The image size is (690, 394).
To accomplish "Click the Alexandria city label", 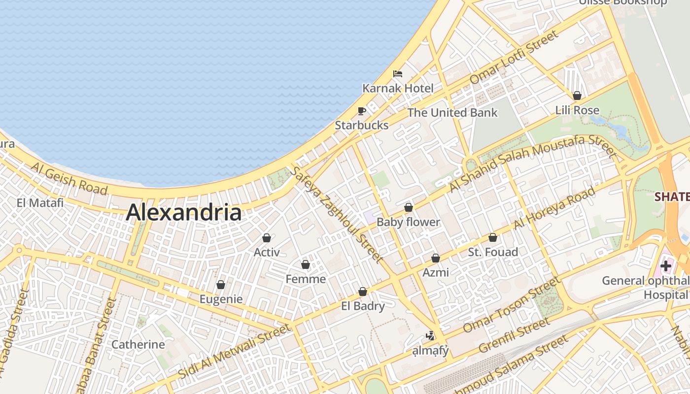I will (184, 213).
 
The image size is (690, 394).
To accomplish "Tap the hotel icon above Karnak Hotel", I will (398, 74).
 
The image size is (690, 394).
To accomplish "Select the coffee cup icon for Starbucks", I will (362, 111).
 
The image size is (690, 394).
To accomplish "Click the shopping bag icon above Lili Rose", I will (577, 96).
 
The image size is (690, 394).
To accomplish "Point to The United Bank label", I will (452, 113).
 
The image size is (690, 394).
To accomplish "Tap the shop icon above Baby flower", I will (408, 208).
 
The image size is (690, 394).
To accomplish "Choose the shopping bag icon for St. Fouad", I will (492, 238).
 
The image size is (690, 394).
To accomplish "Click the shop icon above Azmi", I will (436, 258).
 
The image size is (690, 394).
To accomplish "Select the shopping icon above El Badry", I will (363, 292).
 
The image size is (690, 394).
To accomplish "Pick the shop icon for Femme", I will (306, 265).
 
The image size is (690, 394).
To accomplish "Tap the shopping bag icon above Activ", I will (267, 238).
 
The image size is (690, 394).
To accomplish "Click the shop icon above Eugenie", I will (221, 285).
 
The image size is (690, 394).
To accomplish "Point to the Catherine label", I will (138, 344).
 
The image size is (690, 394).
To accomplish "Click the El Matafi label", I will (40, 203).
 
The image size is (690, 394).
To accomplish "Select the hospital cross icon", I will (666, 266).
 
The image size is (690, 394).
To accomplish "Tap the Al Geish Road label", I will (69, 178).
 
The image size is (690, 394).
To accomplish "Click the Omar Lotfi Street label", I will (515, 57).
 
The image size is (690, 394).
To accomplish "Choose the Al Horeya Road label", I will (554, 208).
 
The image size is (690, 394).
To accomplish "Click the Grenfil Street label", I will (514, 335).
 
